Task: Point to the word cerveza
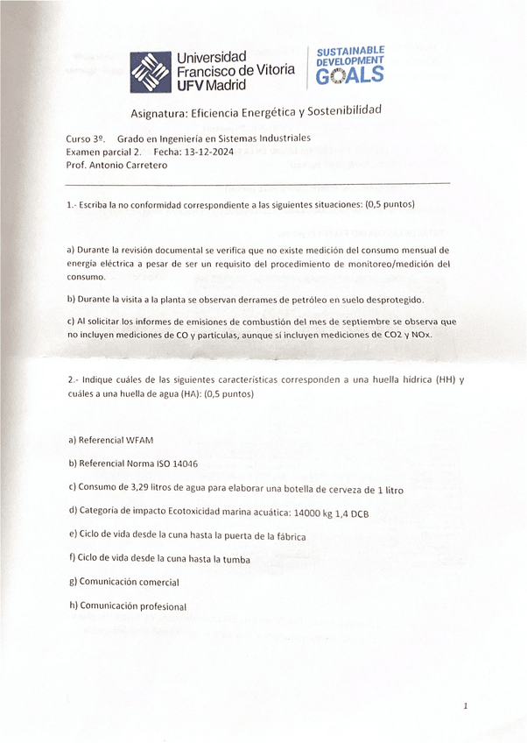tap(348, 490)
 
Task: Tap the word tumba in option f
tap(234, 559)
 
